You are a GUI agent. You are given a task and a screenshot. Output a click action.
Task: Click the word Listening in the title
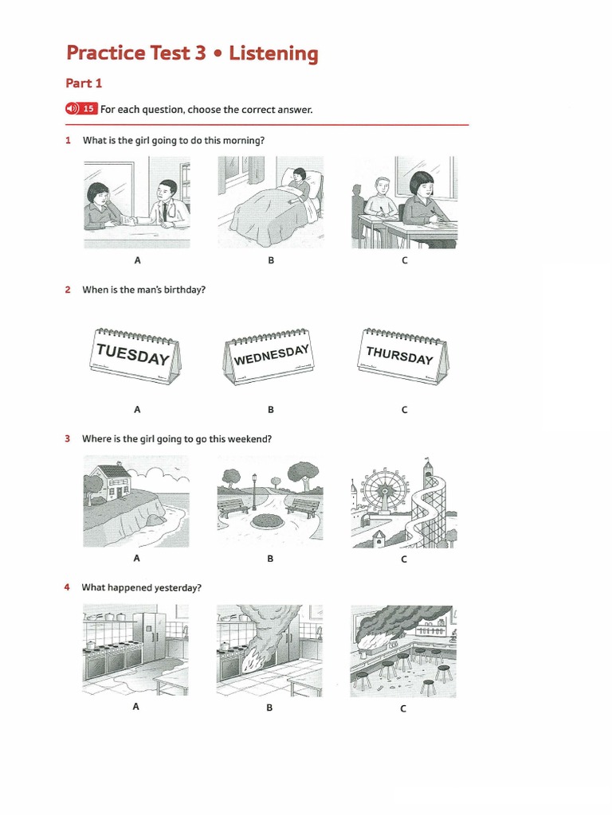pyautogui.click(x=273, y=53)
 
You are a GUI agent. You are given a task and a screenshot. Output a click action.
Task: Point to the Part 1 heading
pyautogui.click(x=84, y=83)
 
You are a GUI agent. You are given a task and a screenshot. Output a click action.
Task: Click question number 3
pyautogui.click(x=69, y=439)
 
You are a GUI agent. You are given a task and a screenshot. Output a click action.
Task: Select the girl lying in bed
pyautogui.click(x=300, y=185)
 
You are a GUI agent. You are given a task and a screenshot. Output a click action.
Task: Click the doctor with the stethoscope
pyautogui.click(x=165, y=202)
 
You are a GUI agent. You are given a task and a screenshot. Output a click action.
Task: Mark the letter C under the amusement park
pyautogui.click(x=403, y=560)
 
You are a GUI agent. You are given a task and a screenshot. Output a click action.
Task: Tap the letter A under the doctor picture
pyautogui.click(x=137, y=260)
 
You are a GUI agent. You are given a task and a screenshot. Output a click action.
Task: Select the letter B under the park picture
pyautogui.click(x=270, y=559)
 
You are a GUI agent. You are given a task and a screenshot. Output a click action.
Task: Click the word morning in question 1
pyautogui.click(x=243, y=140)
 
